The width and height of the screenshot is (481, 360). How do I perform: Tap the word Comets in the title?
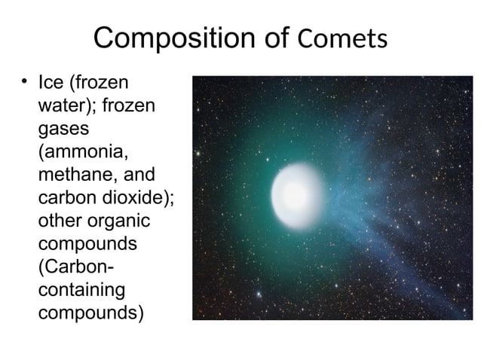pos(343,39)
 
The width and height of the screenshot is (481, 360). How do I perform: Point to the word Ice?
pos(51,82)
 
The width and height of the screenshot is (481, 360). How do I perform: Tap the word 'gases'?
pos(63,129)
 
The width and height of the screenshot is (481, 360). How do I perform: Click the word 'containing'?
pos(81,291)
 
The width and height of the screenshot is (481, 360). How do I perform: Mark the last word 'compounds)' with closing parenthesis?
pos(90,314)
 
